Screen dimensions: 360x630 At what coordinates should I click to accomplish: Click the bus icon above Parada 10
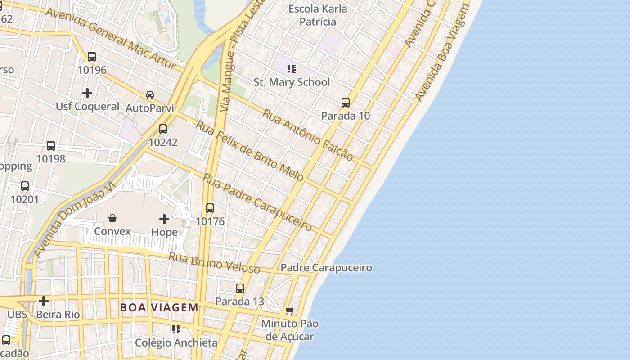coord(346,103)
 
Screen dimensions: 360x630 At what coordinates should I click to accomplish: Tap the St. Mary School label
coord(292,82)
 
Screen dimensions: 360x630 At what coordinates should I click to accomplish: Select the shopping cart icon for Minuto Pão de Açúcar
coord(290,310)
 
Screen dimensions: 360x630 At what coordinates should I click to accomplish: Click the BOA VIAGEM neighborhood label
coord(159,308)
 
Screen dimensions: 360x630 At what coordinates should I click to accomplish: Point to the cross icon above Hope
coord(164,219)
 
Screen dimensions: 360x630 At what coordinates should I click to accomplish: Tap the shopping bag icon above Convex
coord(112,218)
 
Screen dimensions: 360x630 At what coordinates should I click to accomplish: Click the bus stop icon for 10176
coord(210,208)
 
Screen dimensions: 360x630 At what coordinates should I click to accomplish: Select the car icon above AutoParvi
coord(150,95)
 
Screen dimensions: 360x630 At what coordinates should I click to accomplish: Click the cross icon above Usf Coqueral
coord(87,93)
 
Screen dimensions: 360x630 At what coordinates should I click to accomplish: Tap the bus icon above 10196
coord(92,57)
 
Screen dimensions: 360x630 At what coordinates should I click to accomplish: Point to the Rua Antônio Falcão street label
coord(308,135)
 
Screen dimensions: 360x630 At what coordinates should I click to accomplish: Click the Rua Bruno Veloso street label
coord(214,263)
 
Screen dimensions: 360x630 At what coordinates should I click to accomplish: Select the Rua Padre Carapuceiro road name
coord(257,202)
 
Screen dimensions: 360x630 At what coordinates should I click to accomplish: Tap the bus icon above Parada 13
coord(240,288)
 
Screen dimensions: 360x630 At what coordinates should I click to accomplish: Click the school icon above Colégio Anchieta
coord(176,329)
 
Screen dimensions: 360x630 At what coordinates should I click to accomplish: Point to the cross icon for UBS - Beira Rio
coord(44,301)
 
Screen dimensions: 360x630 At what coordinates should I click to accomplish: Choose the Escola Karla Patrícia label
coord(318,15)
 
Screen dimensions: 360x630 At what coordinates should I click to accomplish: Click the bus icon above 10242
coord(163,129)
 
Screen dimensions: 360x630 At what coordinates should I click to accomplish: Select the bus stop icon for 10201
coord(25,186)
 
